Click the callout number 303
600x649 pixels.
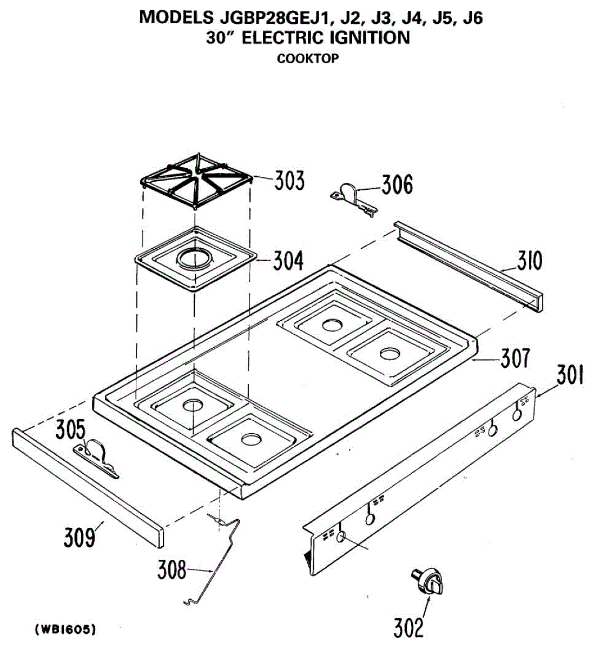[289, 181]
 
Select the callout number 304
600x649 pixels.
[288, 261]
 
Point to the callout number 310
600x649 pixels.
[529, 261]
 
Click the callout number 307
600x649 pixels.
[515, 358]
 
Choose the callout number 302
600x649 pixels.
[408, 627]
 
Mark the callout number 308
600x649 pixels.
[172, 569]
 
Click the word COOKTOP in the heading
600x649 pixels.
[307, 59]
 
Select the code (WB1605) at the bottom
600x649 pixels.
[65, 629]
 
